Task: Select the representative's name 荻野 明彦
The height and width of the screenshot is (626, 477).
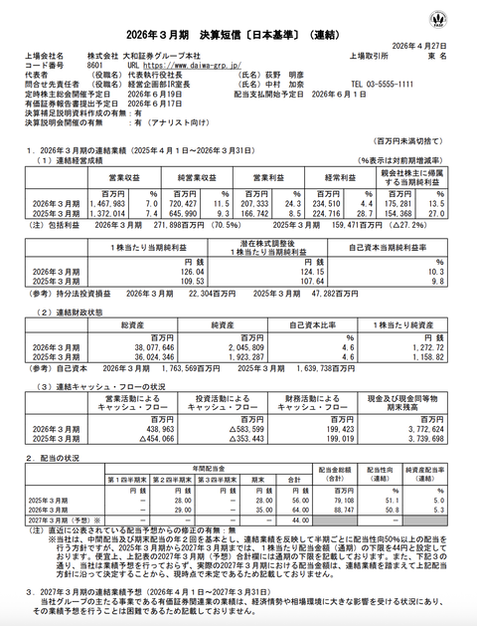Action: click(x=281, y=72)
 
